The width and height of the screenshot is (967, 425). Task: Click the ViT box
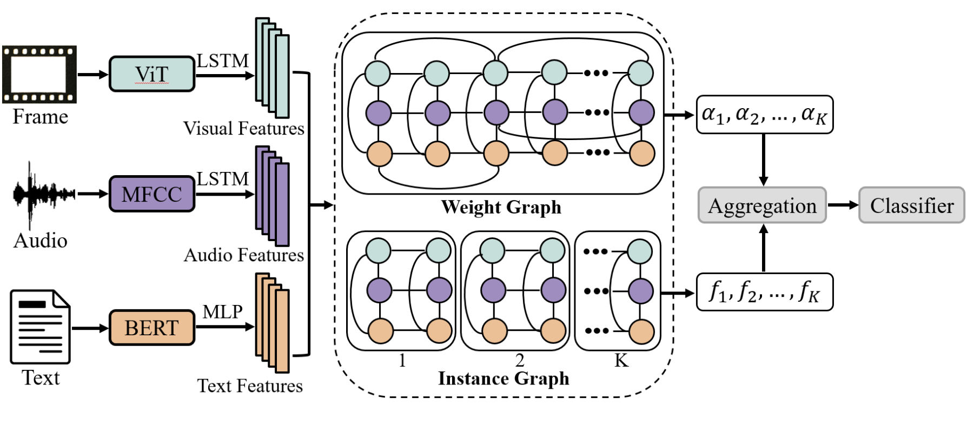tap(151, 74)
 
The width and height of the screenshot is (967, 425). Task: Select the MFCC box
tap(151, 194)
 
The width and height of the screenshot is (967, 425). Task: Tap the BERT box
tap(151, 328)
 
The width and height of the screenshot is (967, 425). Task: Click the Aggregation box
tap(762, 205)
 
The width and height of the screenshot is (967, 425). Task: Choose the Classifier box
tap(911, 205)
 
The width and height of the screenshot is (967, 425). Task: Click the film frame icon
tap(39, 75)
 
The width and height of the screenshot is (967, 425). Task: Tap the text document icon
tap(40, 327)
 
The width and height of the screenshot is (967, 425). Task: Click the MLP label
tap(222, 312)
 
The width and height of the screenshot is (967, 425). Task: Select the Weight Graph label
tap(501, 207)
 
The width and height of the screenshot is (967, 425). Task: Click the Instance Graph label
tap(503, 378)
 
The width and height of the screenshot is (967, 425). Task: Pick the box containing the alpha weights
tap(764, 115)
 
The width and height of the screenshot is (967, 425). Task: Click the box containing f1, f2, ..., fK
tap(764, 292)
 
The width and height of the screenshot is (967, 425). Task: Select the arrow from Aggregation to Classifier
tap(843, 205)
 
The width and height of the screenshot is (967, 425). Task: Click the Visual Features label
tap(243, 129)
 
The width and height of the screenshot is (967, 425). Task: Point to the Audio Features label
tap(243, 255)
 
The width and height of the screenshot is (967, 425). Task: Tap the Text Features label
tap(249, 386)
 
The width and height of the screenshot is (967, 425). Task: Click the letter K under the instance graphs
tap(621, 361)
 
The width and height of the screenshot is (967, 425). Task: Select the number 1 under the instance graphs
tap(402, 361)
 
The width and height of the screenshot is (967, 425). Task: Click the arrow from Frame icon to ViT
tap(93, 75)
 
